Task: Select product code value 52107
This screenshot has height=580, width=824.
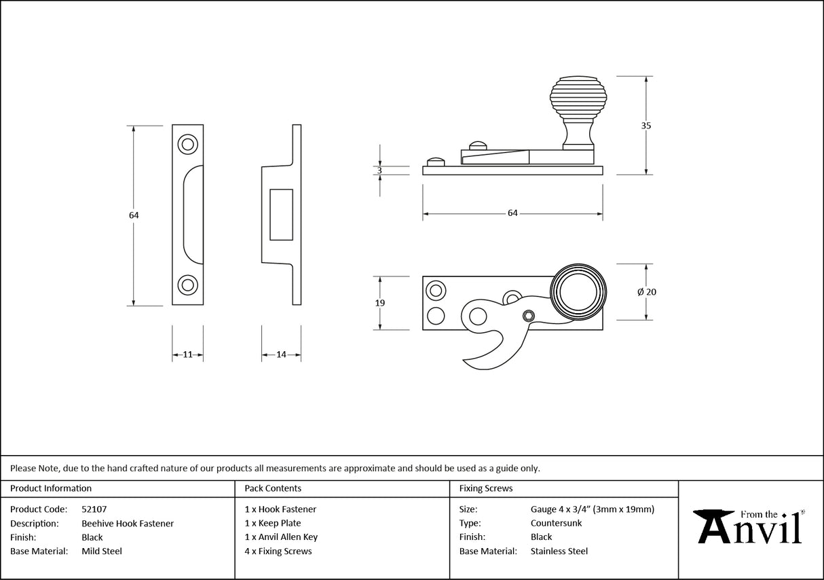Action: pyautogui.click(x=94, y=509)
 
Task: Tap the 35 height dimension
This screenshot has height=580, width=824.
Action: pyautogui.click(x=645, y=126)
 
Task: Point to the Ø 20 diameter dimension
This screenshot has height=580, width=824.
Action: pyautogui.click(x=646, y=292)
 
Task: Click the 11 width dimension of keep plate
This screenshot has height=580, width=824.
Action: pyautogui.click(x=187, y=355)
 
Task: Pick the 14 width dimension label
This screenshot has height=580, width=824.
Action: pyautogui.click(x=281, y=355)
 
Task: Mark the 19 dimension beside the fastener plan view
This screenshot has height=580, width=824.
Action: pyautogui.click(x=379, y=303)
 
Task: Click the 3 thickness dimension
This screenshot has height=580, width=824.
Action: pyautogui.click(x=379, y=170)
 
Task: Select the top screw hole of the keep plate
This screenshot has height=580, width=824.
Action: pyautogui.click(x=187, y=144)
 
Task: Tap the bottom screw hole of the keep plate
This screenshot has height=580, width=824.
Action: pyautogui.click(x=187, y=285)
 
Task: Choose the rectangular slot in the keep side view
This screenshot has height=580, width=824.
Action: pyautogui.click(x=281, y=215)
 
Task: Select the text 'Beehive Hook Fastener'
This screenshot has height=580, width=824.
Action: pyautogui.click(x=128, y=523)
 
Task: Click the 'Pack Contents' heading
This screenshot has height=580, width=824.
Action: pyautogui.click(x=273, y=488)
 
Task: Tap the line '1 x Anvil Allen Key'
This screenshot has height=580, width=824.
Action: pyautogui.click(x=281, y=537)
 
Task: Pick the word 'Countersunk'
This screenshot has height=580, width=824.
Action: pyautogui.click(x=556, y=523)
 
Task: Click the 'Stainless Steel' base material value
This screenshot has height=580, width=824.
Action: pyautogui.click(x=559, y=551)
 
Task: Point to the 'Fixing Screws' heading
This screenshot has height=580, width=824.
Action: pyautogui.click(x=486, y=488)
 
